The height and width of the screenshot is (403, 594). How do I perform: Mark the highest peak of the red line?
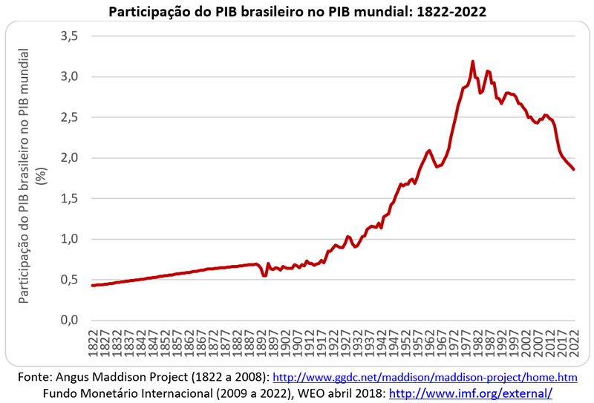tap(473, 62)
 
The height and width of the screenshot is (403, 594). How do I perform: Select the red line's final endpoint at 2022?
tap(574, 169)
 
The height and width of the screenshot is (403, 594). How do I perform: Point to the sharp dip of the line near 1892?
tap(264, 276)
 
